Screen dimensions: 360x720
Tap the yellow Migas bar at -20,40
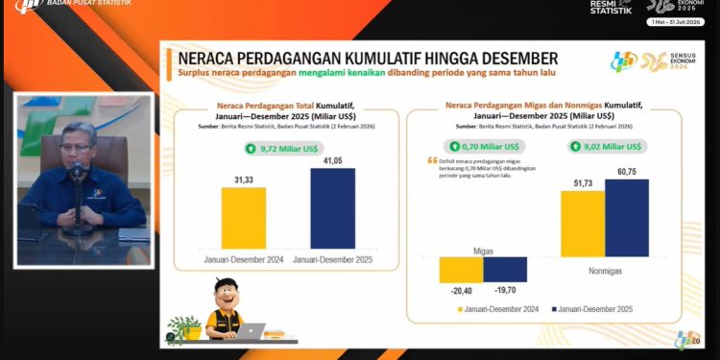tap(461, 269)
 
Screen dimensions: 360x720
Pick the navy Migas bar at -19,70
tap(505, 269)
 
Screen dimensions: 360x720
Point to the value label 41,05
tap(332, 160)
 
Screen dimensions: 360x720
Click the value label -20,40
tap(461, 291)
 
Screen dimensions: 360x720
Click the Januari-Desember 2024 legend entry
tap(499, 309)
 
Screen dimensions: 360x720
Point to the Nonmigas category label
tap(605, 272)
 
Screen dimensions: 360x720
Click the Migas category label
tap(483, 250)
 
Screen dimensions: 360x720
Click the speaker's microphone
tap(77, 173)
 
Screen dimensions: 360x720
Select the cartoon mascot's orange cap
tap(228, 285)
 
